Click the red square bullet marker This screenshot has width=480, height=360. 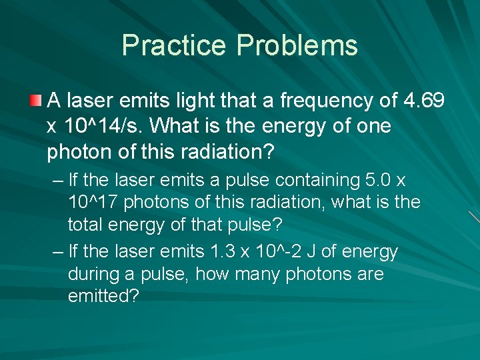tap(35, 101)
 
